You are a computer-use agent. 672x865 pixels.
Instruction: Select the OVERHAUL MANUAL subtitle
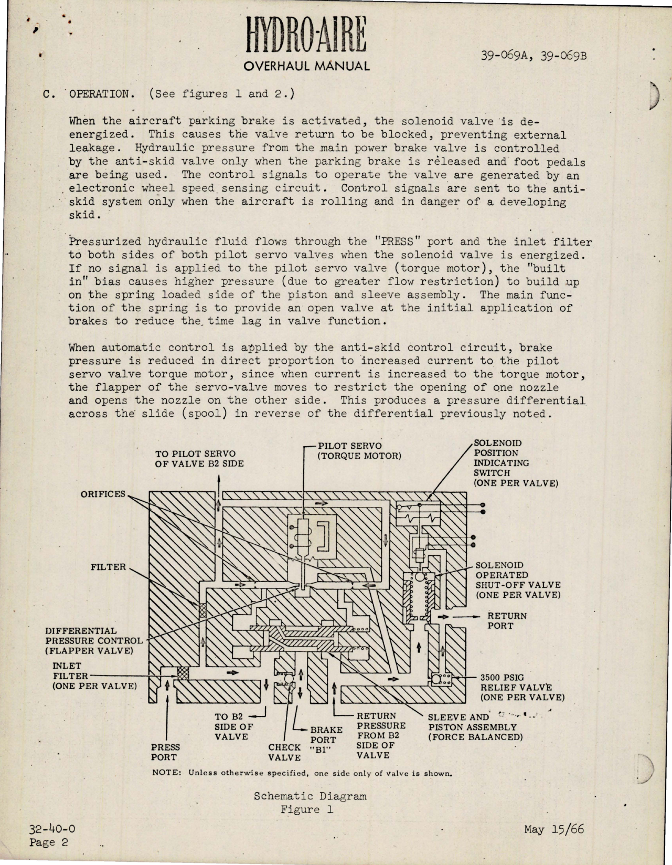(x=307, y=66)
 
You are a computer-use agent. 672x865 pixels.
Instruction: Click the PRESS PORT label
(x=165, y=752)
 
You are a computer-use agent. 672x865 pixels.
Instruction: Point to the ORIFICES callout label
(x=103, y=494)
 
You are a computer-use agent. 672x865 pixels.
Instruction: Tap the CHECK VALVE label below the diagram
(x=285, y=752)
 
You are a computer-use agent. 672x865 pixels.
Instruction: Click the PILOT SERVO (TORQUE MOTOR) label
(x=359, y=451)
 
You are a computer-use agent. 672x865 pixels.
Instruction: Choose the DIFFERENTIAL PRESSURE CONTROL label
(x=93, y=640)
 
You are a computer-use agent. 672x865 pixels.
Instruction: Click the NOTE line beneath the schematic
(x=302, y=773)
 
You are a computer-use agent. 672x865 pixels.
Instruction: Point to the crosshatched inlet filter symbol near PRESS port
(x=183, y=673)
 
